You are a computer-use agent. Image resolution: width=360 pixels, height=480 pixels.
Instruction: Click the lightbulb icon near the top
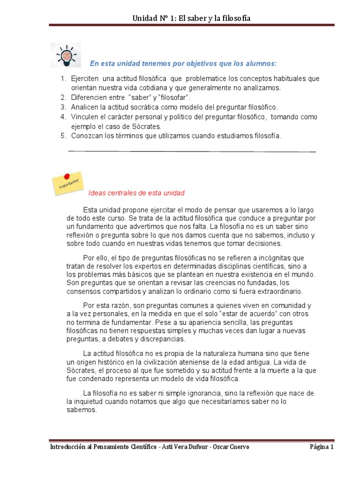(65, 55)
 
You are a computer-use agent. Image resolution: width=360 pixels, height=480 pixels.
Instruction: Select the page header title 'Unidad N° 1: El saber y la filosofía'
(191, 18)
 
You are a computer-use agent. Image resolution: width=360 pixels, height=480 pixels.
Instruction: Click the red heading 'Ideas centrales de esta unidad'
(136, 193)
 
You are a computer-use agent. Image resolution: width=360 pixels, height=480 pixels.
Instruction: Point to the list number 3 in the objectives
(63, 107)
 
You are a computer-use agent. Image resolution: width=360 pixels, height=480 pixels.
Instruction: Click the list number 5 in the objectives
(63, 136)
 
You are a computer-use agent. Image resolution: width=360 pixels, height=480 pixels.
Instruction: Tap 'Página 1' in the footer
(321, 447)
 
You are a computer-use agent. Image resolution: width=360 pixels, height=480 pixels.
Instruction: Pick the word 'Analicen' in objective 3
(84, 107)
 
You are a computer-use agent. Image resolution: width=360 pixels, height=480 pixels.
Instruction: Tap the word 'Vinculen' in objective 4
(84, 117)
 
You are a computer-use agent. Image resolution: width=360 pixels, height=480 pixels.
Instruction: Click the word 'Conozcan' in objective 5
(86, 136)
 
